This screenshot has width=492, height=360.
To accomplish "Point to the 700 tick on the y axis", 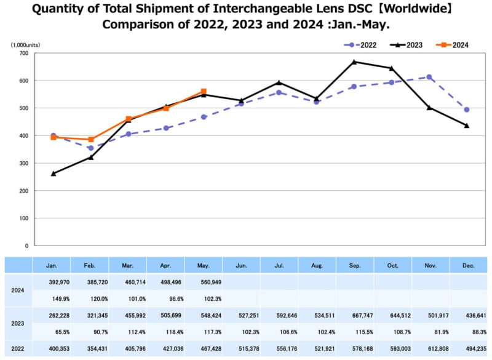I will click(x=23, y=54).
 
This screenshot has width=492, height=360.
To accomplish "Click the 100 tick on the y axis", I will click(x=23, y=218).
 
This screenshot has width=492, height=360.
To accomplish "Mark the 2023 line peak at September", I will click(x=354, y=62).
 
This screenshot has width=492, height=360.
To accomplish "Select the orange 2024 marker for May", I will click(x=204, y=91).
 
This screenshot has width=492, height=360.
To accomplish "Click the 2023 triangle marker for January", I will click(x=54, y=174).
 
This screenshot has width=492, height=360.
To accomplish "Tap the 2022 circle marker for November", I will click(x=429, y=77).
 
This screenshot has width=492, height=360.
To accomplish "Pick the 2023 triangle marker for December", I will click(x=467, y=126).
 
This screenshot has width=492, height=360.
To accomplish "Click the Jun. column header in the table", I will click(x=241, y=265).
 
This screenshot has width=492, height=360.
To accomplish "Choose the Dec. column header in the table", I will click(x=468, y=265).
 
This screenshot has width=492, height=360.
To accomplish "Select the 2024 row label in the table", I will click(x=18, y=289).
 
